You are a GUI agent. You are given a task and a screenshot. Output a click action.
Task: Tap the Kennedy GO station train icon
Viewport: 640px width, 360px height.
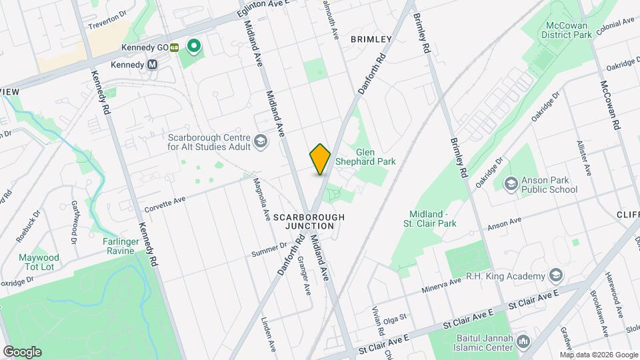pyautogui.click(x=174, y=47)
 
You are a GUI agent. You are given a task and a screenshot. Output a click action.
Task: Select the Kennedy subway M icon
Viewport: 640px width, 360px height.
pyautogui.click(x=153, y=65)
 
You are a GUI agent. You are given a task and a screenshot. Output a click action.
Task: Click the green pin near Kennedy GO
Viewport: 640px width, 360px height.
pyautogui.click(x=194, y=46)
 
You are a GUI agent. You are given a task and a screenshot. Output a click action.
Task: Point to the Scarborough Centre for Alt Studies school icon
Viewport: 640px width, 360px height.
pyautogui.click(x=260, y=141)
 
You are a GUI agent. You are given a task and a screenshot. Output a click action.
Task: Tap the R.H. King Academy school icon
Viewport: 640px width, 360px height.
pyautogui.click(x=555, y=276)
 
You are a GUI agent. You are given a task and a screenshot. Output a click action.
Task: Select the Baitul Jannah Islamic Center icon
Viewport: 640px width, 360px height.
pyautogui.click(x=523, y=343)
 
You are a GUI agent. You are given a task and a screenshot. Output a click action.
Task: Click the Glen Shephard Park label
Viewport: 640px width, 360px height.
pyautogui.click(x=375, y=157)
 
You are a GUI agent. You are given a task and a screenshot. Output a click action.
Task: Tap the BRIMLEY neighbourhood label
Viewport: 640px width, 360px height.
pyautogui.click(x=371, y=39)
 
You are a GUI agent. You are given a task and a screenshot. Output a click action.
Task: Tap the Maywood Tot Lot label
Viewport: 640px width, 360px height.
pyautogui.click(x=58, y=262)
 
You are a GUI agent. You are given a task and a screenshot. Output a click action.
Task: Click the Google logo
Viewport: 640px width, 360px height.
pyautogui.click(x=22, y=351)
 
